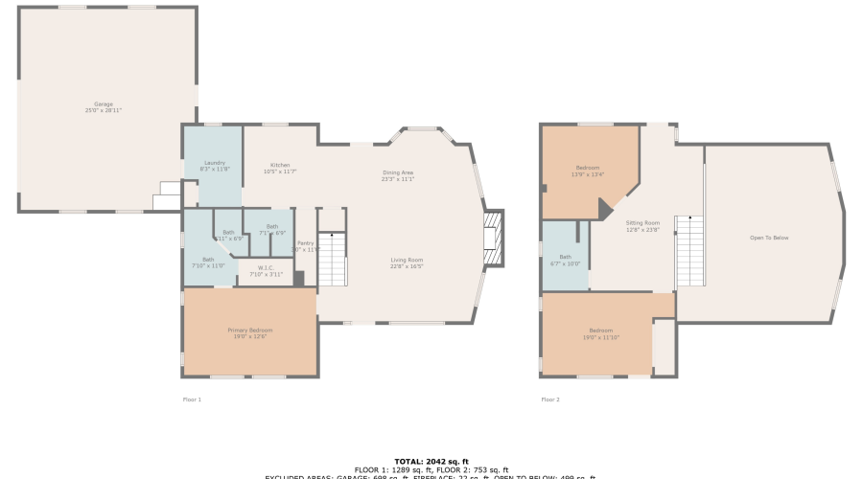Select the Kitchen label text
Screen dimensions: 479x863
(280, 168)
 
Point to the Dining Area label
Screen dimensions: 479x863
(398, 175)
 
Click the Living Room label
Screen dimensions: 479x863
(407, 262)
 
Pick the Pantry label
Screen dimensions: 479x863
(305, 246)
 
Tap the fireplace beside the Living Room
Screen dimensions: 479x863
(492, 231)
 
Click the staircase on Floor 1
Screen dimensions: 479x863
(332, 259)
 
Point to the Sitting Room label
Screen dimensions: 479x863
(642, 226)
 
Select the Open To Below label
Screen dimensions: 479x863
(769, 238)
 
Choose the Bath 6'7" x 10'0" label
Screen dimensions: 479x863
(565, 260)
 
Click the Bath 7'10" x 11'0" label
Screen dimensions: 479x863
(208, 262)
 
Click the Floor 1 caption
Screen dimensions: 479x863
(192, 399)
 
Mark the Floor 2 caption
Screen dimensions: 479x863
(550, 399)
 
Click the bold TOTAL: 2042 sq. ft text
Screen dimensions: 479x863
(431, 462)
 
